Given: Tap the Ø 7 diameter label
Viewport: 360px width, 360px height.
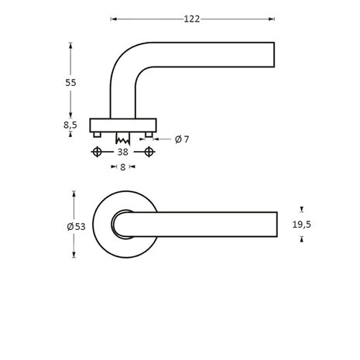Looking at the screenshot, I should [x=182, y=139].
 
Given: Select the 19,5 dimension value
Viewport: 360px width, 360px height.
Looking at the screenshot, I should [x=302, y=225].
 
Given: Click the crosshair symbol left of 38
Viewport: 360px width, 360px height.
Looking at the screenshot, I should [x=97, y=153].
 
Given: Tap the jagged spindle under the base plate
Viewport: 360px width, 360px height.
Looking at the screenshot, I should [x=122, y=140].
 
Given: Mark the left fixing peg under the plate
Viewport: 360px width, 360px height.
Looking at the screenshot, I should [x=97, y=135].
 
